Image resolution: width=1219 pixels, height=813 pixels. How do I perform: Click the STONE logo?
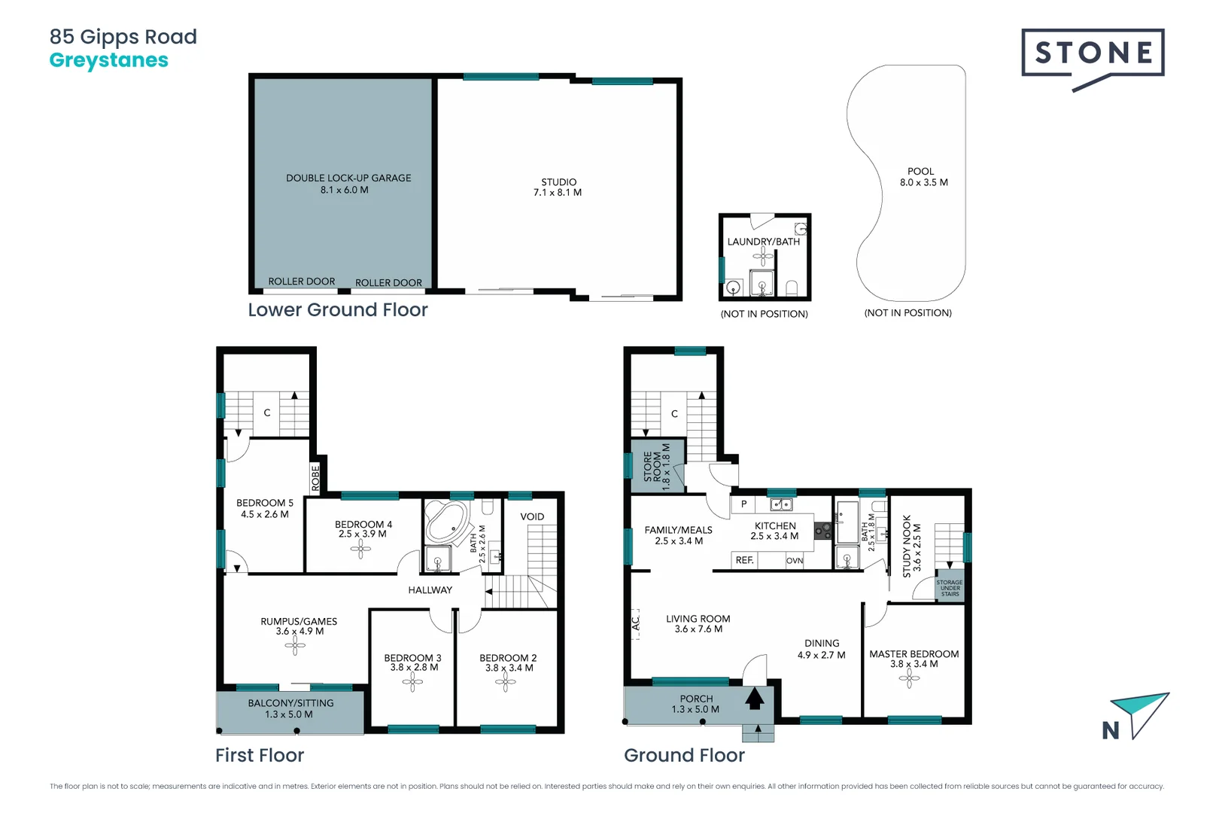pyautogui.click(x=1093, y=54)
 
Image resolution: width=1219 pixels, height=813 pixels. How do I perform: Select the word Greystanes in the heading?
pyautogui.click(x=109, y=60)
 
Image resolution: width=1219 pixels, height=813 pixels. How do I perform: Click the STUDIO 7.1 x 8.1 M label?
pyautogui.click(x=558, y=187)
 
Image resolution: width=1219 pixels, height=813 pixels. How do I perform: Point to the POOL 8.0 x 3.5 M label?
pyautogui.click(x=923, y=177)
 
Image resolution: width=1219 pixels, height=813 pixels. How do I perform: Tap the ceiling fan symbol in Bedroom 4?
pyautogui.click(x=360, y=550)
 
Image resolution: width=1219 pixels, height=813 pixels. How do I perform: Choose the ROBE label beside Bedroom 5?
pyautogui.click(x=316, y=477)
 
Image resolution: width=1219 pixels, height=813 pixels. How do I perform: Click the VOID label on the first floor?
pyautogui.click(x=532, y=516)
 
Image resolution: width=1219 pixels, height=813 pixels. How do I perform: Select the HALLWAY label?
pyautogui.click(x=430, y=590)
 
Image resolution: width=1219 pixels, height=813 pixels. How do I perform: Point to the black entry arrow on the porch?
pyautogui.click(x=755, y=699)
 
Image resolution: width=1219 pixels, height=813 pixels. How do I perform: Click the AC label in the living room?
pyautogui.click(x=636, y=623)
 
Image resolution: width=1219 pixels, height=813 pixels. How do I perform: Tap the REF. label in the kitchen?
pyautogui.click(x=744, y=560)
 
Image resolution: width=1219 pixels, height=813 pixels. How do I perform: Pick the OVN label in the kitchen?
pyautogui.click(x=795, y=561)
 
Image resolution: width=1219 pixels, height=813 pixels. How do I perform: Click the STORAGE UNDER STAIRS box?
pyautogui.click(x=950, y=588)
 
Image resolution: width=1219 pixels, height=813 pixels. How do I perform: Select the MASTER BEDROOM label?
pyautogui.click(x=913, y=654)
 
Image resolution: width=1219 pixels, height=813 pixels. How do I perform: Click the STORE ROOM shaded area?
pyautogui.click(x=656, y=467)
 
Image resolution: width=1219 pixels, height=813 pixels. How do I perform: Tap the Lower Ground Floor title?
pyautogui.click(x=338, y=310)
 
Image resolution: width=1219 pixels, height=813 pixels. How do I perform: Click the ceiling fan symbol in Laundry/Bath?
pyautogui.click(x=763, y=257)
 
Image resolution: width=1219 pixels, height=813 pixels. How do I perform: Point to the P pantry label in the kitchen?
pyautogui.click(x=743, y=504)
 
